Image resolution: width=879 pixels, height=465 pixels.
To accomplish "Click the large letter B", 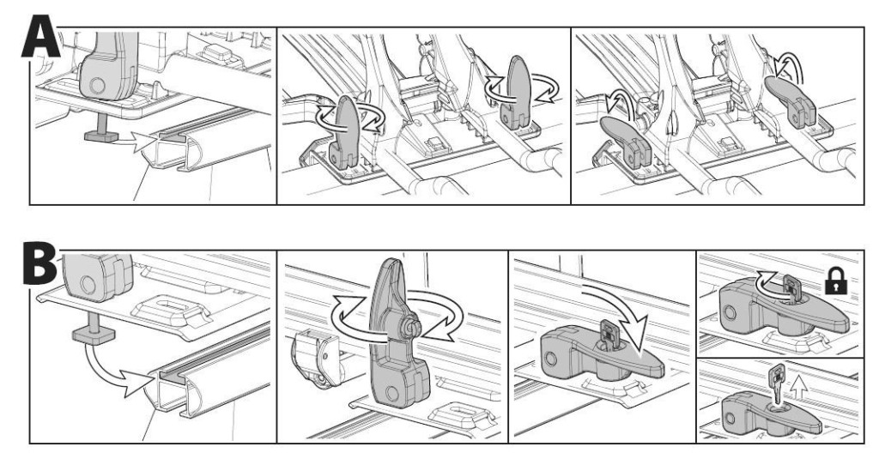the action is point(39,263).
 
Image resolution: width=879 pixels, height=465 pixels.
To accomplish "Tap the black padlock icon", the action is point(836,281).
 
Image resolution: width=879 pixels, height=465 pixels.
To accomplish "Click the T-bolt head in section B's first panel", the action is point(93,336).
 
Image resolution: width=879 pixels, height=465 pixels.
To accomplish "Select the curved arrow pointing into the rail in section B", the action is point(118,372).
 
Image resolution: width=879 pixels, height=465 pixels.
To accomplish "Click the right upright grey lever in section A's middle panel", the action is point(517,89).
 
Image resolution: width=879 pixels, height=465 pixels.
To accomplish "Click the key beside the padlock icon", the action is point(791,288).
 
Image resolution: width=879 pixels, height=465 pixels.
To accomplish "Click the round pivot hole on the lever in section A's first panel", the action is point(97,86).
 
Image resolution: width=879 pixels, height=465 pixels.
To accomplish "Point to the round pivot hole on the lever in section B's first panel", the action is point(88,284).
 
